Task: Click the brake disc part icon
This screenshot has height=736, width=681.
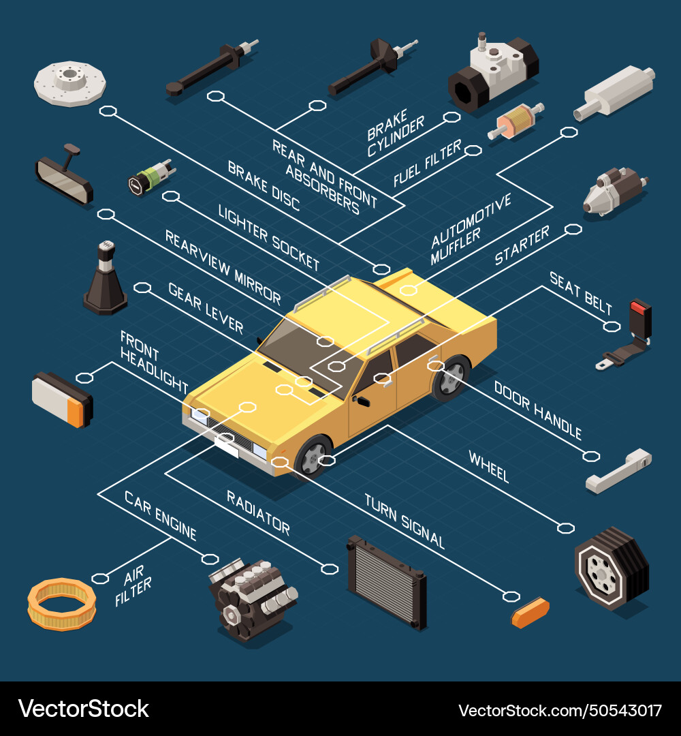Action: click(x=70, y=83)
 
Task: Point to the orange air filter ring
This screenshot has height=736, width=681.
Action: click(x=62, y=603)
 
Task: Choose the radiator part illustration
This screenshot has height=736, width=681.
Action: click(x=386, y=581)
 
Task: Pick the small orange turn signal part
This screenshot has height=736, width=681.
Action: click(x=530, y=611)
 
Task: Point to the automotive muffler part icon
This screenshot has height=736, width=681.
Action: click(x=614, y=92)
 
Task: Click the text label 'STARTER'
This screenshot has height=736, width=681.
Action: click(x=522, y=245)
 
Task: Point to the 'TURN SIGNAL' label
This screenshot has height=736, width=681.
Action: click(x=404, y=521)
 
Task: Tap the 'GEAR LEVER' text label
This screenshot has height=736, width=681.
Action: click(x=205, y=307)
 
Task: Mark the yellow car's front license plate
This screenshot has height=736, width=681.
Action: click(x=227, y=446)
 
